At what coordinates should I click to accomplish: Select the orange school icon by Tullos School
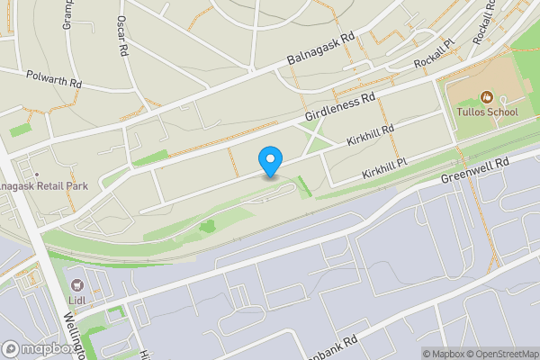pos(486,95)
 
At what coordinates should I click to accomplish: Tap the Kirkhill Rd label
pos(371,136)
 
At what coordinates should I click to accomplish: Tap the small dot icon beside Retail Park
pos(36,174)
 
